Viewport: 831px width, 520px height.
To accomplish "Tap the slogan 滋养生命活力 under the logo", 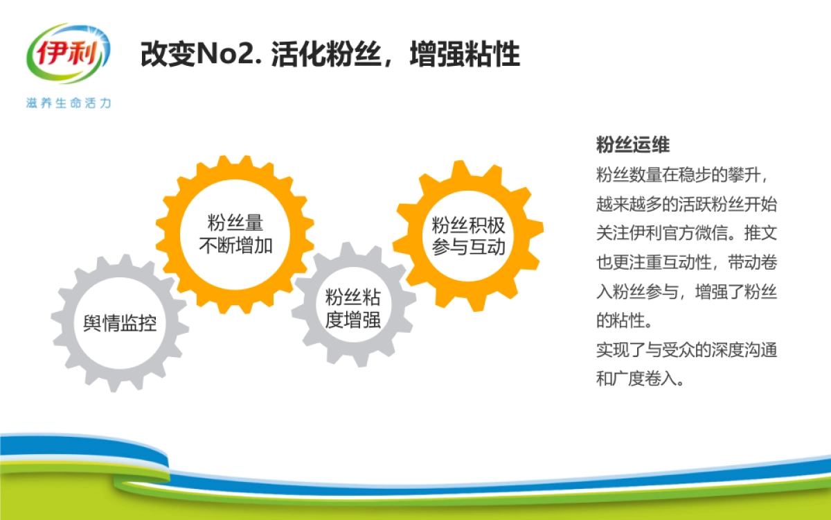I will (68, 103).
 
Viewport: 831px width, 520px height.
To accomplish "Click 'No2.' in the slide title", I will (227, 55).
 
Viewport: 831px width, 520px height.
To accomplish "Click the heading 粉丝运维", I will (632, 146).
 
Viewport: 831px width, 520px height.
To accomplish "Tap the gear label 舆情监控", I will (120, 324).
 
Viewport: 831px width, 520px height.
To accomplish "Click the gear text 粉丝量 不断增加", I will (235, 234).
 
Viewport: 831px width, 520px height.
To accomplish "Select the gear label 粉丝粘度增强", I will (353, 309).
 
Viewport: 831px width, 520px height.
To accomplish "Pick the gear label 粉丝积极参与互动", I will (469, 236).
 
